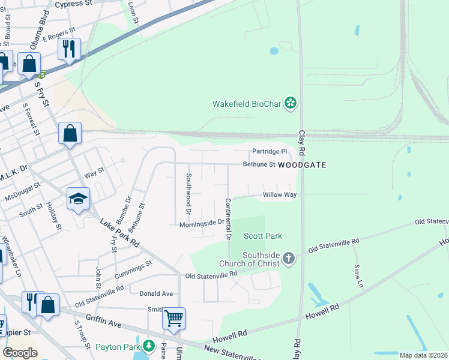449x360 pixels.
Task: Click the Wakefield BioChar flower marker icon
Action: click(291, 104)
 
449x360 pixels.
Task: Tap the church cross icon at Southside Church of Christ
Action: click(289, 259)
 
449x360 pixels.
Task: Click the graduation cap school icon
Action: click(77, 199)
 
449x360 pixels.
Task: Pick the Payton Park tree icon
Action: click(148, 346)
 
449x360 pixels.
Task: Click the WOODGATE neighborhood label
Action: click(302, 164)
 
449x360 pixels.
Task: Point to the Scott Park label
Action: click(262, 236)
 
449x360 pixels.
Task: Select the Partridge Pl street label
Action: click(270, 151)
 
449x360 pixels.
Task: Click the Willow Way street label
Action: click(280, 195)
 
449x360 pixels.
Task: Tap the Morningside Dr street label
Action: click(202, 224)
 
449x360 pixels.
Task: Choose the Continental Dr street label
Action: click(228, 219)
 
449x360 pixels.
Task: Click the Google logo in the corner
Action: click(20, 352)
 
